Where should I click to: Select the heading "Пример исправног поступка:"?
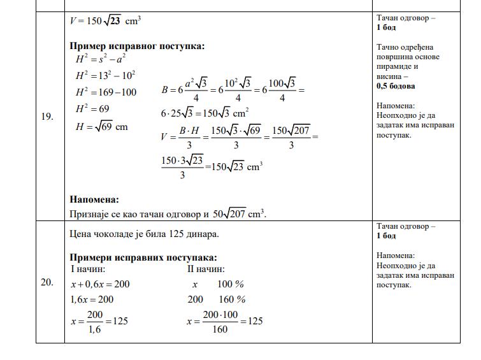coord(137,47)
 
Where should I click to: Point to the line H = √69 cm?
coord(102,127)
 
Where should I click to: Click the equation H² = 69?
coord(92,110)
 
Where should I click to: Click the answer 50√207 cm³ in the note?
coord(238,213)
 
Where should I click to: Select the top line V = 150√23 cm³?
coord(105,20)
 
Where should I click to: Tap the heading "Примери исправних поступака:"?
coord(143,257)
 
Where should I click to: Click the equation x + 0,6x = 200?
coord(100,284)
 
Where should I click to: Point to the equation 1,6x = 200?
coord(92,299)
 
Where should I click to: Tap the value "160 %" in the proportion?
coord(232,299)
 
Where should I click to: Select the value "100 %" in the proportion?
coord(231,284)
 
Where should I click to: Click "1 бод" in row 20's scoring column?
coord(386,236)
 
